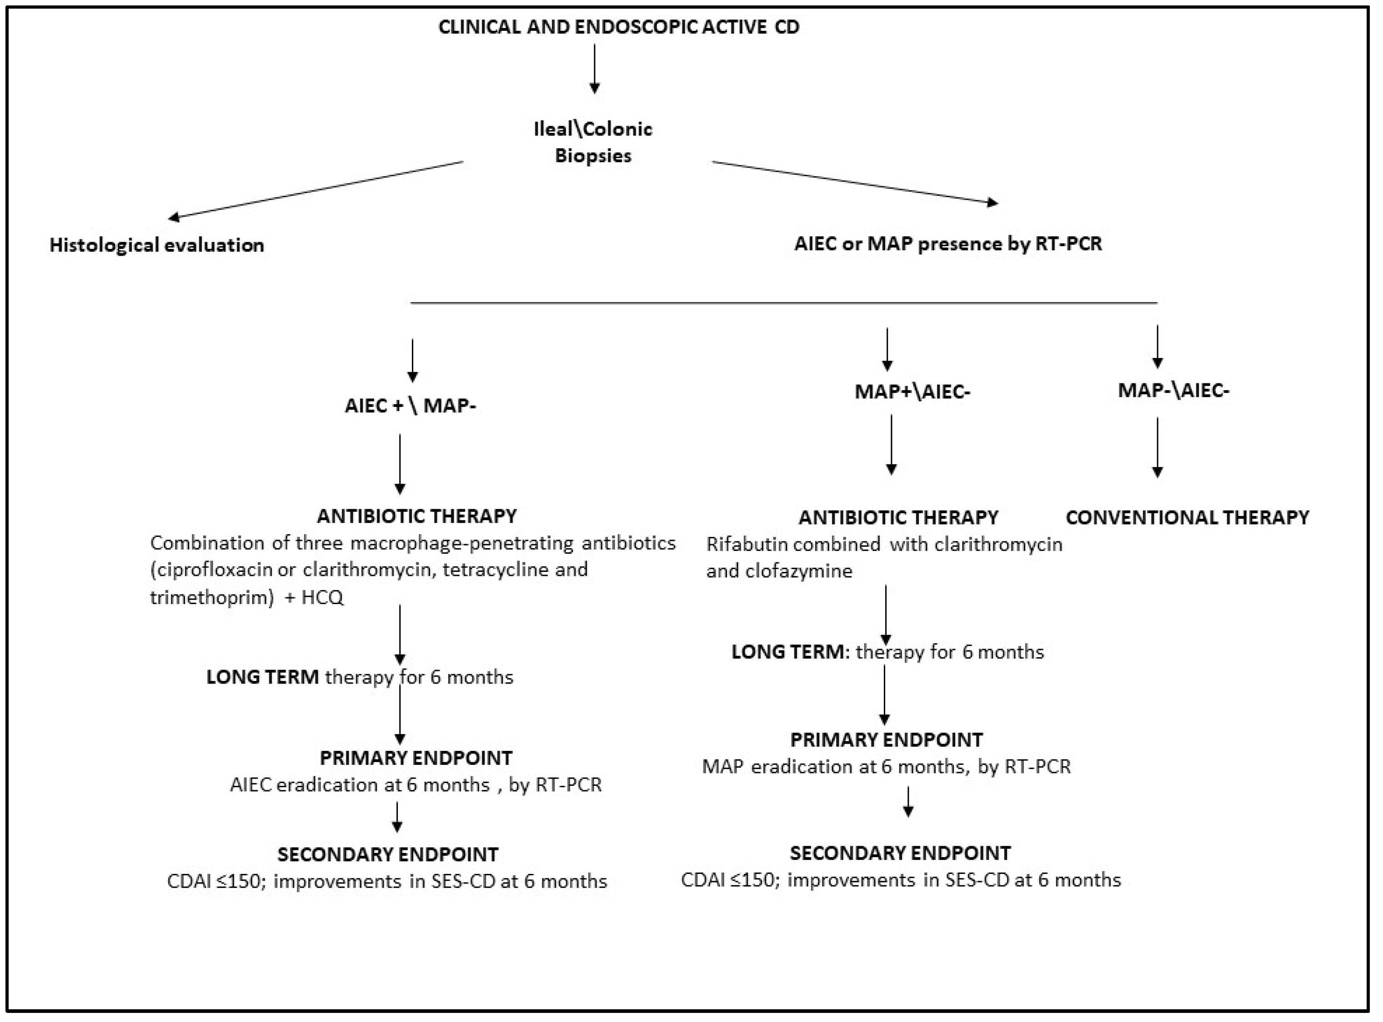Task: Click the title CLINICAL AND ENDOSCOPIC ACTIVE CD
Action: point(618,27)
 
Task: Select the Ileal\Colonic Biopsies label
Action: point(593,142)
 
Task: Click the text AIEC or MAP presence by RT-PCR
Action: point(948,244)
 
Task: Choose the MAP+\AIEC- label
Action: point(912,392)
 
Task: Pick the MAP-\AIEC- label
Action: point(1173,390)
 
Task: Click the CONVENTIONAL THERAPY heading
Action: point(1187,517)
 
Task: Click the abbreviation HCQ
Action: point(322,598)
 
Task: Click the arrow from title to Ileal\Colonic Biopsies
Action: point(594,68)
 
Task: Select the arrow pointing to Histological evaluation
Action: point(316,190)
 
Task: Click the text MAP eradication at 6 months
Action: point(832,767)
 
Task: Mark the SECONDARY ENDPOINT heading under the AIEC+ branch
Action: point(387,854)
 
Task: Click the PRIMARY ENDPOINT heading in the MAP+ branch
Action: point(886,740)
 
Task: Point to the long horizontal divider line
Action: point(783,303)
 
